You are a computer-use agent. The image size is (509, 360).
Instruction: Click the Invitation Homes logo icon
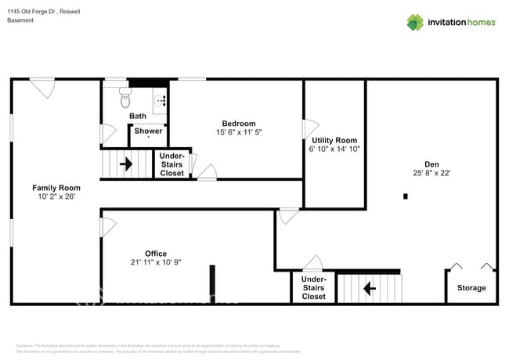point(414,22)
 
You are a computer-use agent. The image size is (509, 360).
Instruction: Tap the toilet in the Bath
point(125,98)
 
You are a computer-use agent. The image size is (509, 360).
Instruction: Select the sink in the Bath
point(160,99)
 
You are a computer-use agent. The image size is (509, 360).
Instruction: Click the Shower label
point(148,131)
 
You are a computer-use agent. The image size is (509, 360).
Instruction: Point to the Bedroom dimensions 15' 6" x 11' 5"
point(239,133)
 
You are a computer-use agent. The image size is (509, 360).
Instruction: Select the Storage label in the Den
point(471,288)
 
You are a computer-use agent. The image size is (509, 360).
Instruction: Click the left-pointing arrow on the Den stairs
point(369,288)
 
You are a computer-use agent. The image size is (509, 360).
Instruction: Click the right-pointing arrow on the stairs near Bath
point(124,164)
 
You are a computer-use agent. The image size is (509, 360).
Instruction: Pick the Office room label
point(156,253)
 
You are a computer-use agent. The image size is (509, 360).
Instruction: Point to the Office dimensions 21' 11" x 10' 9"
point(156,262)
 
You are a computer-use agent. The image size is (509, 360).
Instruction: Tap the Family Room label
point(56,188)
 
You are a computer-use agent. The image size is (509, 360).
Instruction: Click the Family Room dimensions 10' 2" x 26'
point(56,197)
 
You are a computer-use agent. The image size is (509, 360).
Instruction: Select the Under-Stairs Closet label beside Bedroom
point(171,164)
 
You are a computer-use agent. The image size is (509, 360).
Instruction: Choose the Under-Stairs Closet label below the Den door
point(313,288)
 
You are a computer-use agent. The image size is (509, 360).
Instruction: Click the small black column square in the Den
point(405,196)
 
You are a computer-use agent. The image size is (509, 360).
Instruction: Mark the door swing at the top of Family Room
point(43,88)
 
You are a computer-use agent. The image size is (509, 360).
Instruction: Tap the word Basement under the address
point(20,20)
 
